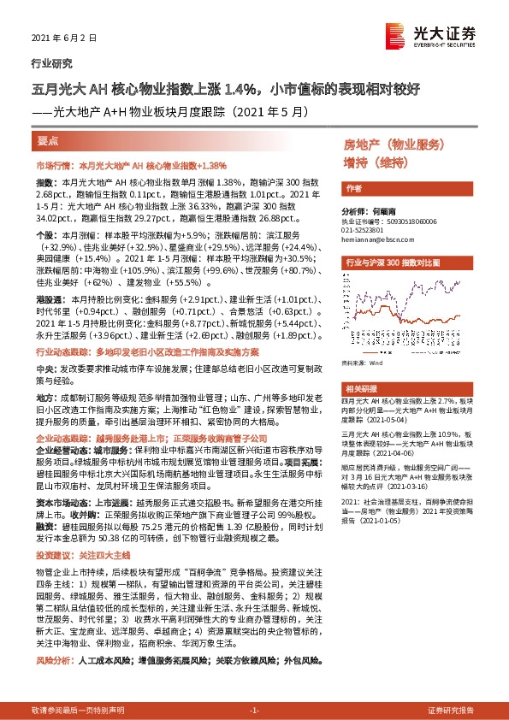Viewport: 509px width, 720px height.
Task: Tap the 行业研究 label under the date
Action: tap(51, 63)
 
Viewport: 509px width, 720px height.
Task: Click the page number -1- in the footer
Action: tap(254, 710)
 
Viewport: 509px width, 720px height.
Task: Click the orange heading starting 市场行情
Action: tap(131, 165)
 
